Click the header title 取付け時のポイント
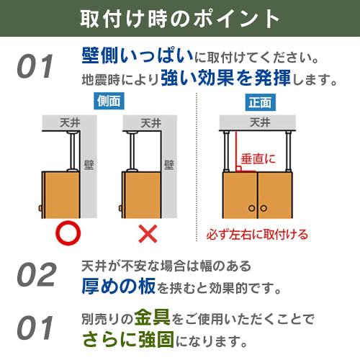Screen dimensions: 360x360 179,18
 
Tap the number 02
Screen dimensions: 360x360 36,274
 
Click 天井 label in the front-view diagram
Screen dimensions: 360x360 256,122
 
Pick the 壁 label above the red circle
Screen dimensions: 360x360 89,163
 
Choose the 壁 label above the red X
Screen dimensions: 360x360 168,163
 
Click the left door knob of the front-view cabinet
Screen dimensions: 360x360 251,208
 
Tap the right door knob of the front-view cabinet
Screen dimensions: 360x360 263,208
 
